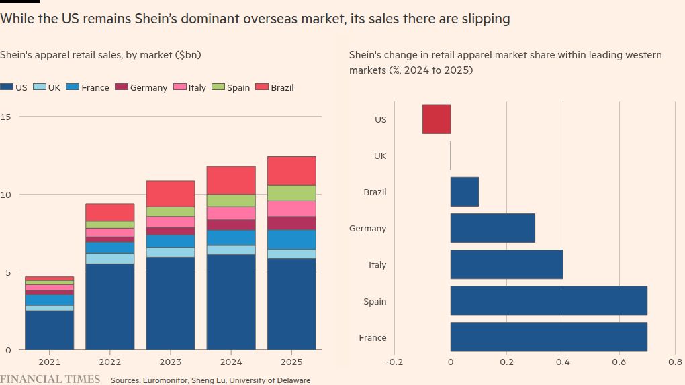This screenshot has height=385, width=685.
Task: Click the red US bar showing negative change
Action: (x=437, y=119)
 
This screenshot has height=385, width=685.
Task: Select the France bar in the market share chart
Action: (x=549, y=337)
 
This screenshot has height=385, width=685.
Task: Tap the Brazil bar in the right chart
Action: (x=465, y=192)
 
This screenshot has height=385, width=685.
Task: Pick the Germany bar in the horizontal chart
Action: (x=492, y=228)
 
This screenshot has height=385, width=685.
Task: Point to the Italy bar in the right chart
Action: (x=506, y=264)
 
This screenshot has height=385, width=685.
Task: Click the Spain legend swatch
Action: (x=218, y=87)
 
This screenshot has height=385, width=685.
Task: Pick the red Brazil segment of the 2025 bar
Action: (x=291, y=170)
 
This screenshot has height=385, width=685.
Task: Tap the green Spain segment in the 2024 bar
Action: (x=231, y=200)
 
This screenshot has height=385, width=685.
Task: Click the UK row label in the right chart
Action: (x=379, y=156)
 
